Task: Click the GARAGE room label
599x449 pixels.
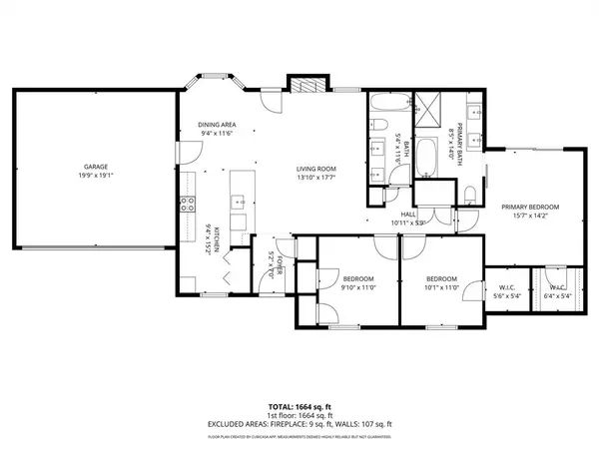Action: coord(96,167)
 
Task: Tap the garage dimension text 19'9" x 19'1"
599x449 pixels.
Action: coord(96,176)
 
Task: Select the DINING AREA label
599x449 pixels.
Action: coord(216,125)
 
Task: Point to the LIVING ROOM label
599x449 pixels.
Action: coord(313,169)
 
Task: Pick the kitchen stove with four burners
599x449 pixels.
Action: coord(187,206)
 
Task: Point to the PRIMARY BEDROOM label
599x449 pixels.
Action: coord(529,207)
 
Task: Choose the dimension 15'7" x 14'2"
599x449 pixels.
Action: coord(529,216)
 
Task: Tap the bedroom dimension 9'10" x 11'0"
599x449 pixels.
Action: coord(358,287)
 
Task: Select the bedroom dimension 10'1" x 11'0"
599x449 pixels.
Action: coord(441,287)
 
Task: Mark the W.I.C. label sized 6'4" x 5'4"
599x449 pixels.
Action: coord(557,295)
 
